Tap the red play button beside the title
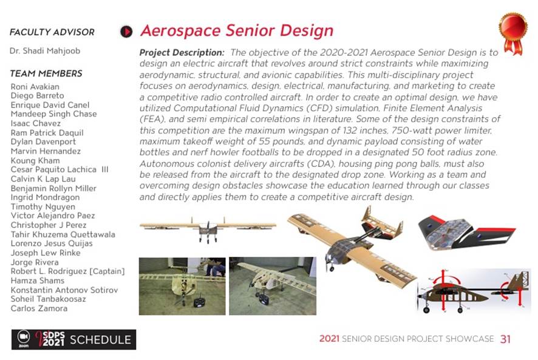pyautogui.click(x=126, y=31)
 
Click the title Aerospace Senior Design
pyautogui.click(x=236, y=31)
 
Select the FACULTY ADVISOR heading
pyautogui.click(x=52, y=32)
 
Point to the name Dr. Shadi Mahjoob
pyautogui.click(x=45, y=51)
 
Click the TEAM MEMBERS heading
pyautogui.click(x=46, y=73)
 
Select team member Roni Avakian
pyautogui.click(x=35, y=87)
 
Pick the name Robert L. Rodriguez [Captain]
pyautogui.click(x=67, y=271)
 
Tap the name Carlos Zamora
pyautogui.click(x=39, y=308)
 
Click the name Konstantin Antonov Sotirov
pyautogui.click(x=64, y=290)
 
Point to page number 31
pyautogui.click(x=505, y=339)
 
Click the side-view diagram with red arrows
pyautogui.click(x=473, y=291)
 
